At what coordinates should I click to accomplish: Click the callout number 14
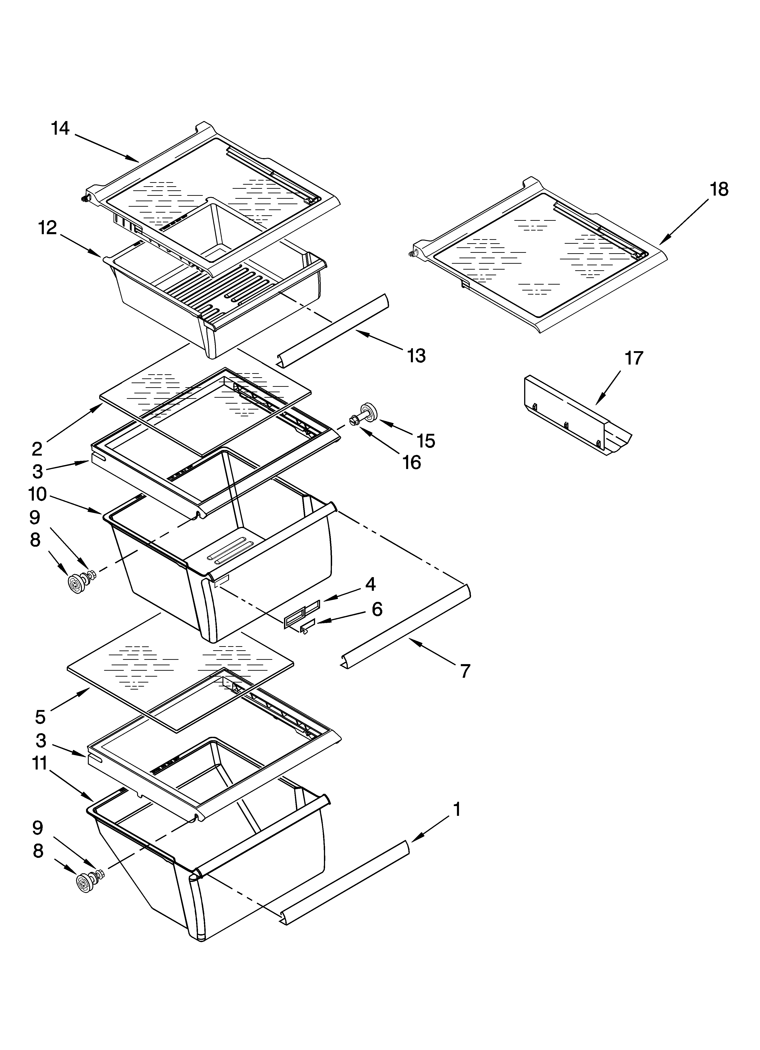60,128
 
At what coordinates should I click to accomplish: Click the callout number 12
48,228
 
